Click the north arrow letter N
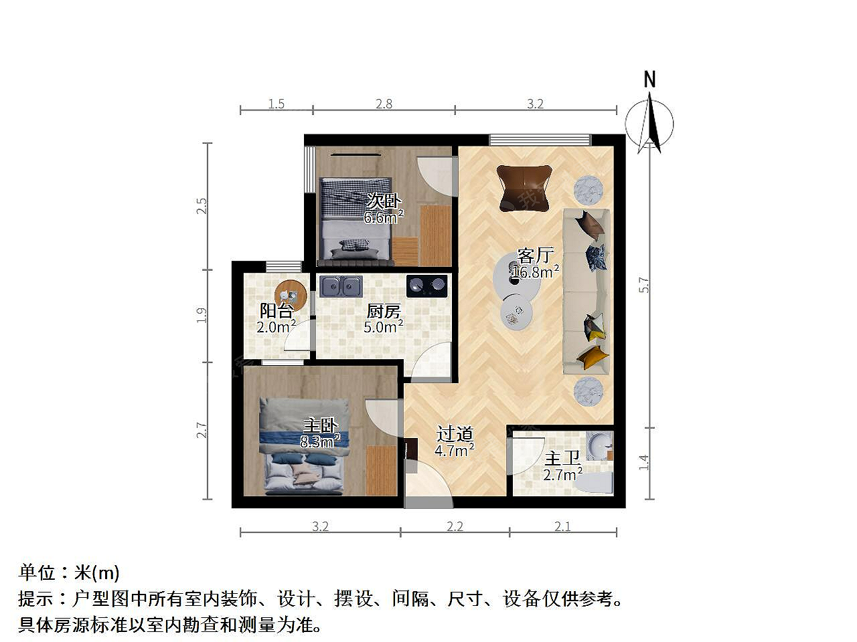pyautogui.click(x=649, y=79)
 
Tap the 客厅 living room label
pyautogui.click(x=535, y=255)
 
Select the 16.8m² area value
pyautogui.click(x=535, y=272)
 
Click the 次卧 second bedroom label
pyautogui.click(x=384, y=201)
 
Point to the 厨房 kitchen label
pyautogui.click(x=384, y=311)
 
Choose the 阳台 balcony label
pyautogui.click(x=277, y=311)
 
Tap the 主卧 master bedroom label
pyautogui.click(x=321, y=425)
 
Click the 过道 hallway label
pyautogui.click(x=455, y=434)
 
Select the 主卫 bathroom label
pyautogui.click(x=562, y=458)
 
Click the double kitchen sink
pyautogui.click(x=341, y=286)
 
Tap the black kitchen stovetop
pyautogui.click(x=426, y=286)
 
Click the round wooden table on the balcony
pyautogui.click(x=291, y=296)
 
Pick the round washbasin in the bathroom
pyautogui.click(x=600, y=445)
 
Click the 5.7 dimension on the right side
pyautogui.click(x=644, y=285)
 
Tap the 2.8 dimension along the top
pyautogui.click(x=384, y=104)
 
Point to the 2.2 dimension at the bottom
pyautogui.click(x=455, y=526)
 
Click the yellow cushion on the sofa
pyautogui.click(x=593, y=356)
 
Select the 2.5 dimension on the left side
pyautogui.click(x=202, y=206)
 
